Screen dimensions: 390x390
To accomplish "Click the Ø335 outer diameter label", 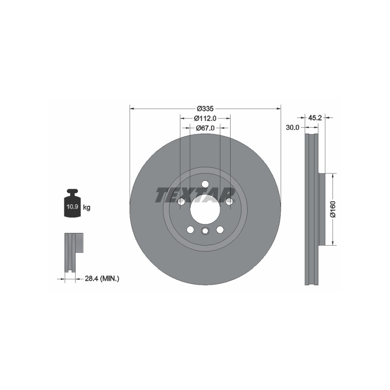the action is pos(205,109).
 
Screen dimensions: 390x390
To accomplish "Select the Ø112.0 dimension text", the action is pos(205,118).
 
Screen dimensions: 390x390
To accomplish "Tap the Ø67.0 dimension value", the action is pos(205,128).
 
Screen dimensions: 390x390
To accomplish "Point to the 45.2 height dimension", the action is pos(315,117).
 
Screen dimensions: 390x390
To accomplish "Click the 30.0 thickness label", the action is pos(292,128).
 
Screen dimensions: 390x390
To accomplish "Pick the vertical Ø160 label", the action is pos(333,209).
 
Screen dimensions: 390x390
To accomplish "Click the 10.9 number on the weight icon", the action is pos(72,207).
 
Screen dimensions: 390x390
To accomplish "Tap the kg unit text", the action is pos(87,207).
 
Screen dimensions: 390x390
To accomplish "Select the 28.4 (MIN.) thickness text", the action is pos(102,278).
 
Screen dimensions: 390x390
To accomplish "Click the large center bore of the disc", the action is pos(205,209).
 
